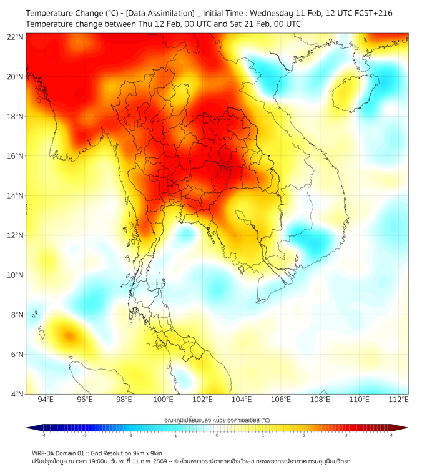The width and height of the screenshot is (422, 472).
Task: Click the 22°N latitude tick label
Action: pos(16,37)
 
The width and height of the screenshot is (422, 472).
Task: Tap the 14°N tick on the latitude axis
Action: pos(16,196)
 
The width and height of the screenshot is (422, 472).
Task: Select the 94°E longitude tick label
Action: pos(46,400)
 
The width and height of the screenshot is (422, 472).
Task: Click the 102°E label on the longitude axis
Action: pos(202,400)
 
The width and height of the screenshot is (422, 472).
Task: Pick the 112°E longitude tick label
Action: pos(398,400)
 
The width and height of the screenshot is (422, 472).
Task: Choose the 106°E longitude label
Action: pos(281,400)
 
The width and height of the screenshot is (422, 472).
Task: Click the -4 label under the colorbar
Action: pos(43,435)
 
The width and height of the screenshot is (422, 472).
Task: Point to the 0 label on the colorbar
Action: pos(217,435)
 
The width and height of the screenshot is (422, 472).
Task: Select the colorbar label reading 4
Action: pos(391,435)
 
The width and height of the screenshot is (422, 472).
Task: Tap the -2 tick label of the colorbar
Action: pos(130,435)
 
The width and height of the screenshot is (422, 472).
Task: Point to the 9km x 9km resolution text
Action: pos(146,453)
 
